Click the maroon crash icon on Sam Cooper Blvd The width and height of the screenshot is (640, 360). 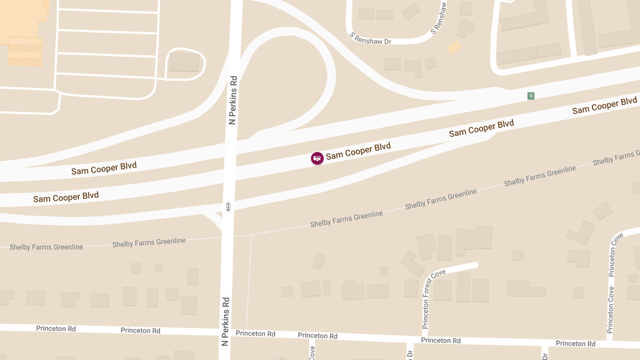(317, 158)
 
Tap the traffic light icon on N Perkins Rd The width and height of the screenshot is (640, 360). (228, 206)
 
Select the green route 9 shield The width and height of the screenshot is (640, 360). (531, 96)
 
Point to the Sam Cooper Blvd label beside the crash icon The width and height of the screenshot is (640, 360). (358, 151)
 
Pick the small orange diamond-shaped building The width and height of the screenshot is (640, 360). (454, 46)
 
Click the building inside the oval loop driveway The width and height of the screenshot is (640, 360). (184, 62)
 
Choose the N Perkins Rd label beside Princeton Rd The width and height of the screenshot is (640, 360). (225, 321)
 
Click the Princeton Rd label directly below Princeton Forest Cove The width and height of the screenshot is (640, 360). (441, 340)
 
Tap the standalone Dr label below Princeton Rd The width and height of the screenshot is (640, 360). (410, 354)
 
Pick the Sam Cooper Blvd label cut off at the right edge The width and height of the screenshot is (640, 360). (605, 106)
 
